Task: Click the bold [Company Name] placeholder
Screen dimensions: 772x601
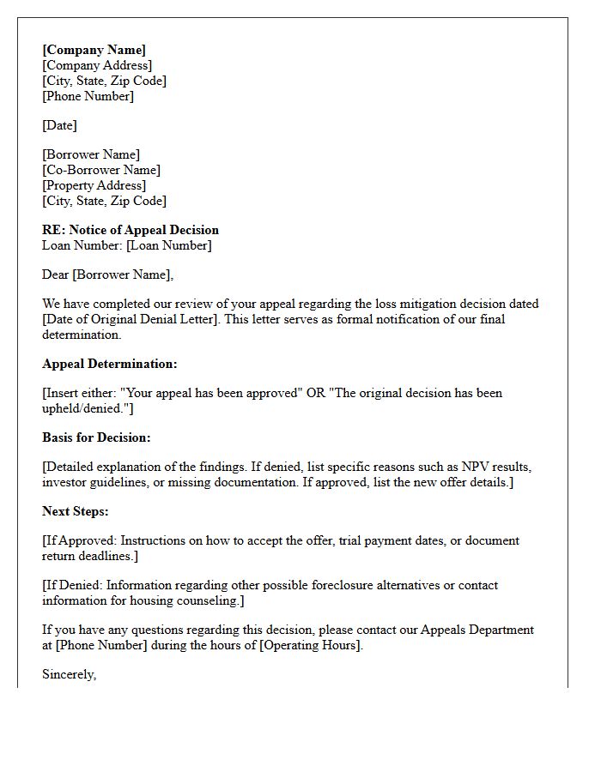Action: pos(94,50)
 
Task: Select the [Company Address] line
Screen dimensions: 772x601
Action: pos(97,65)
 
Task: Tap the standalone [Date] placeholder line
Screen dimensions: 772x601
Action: pos(59,125)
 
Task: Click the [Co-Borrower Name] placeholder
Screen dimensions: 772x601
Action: pos(101,170)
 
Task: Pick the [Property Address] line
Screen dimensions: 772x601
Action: pos(94,185)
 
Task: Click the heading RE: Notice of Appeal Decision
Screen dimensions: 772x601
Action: pos(131,230)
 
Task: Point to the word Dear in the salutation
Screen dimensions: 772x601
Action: pos(55,274)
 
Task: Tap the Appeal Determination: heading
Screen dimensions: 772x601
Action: pos(110,364)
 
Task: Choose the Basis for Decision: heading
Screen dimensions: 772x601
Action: pos(96,437)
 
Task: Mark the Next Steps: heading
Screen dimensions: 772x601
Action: pos(76,511)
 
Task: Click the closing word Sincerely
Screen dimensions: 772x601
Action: pos(68,674)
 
